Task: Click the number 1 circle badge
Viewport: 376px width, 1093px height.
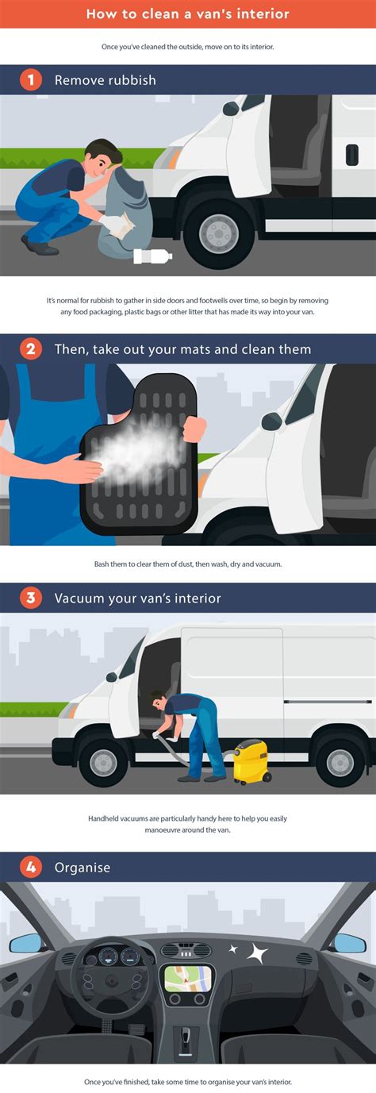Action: pos(31,79)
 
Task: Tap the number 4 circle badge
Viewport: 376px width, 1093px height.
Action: pos(31,867)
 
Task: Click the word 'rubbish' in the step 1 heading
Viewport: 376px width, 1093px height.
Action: pos(133,80)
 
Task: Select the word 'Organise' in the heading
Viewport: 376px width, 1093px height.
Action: pos(82,868)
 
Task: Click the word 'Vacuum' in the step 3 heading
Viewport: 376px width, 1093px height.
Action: pos(77,598)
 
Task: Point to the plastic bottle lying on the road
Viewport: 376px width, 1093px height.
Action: pos(152,256)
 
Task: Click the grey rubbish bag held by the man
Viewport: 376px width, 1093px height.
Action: pos(125,210)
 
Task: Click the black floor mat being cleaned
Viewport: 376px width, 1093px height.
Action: pos(139,456)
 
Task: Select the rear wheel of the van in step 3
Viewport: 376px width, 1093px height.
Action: pos(340,762)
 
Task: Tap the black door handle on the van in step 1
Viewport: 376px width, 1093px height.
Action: pos(352,155)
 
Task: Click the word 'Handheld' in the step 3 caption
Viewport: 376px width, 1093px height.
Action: pos(103,818)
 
